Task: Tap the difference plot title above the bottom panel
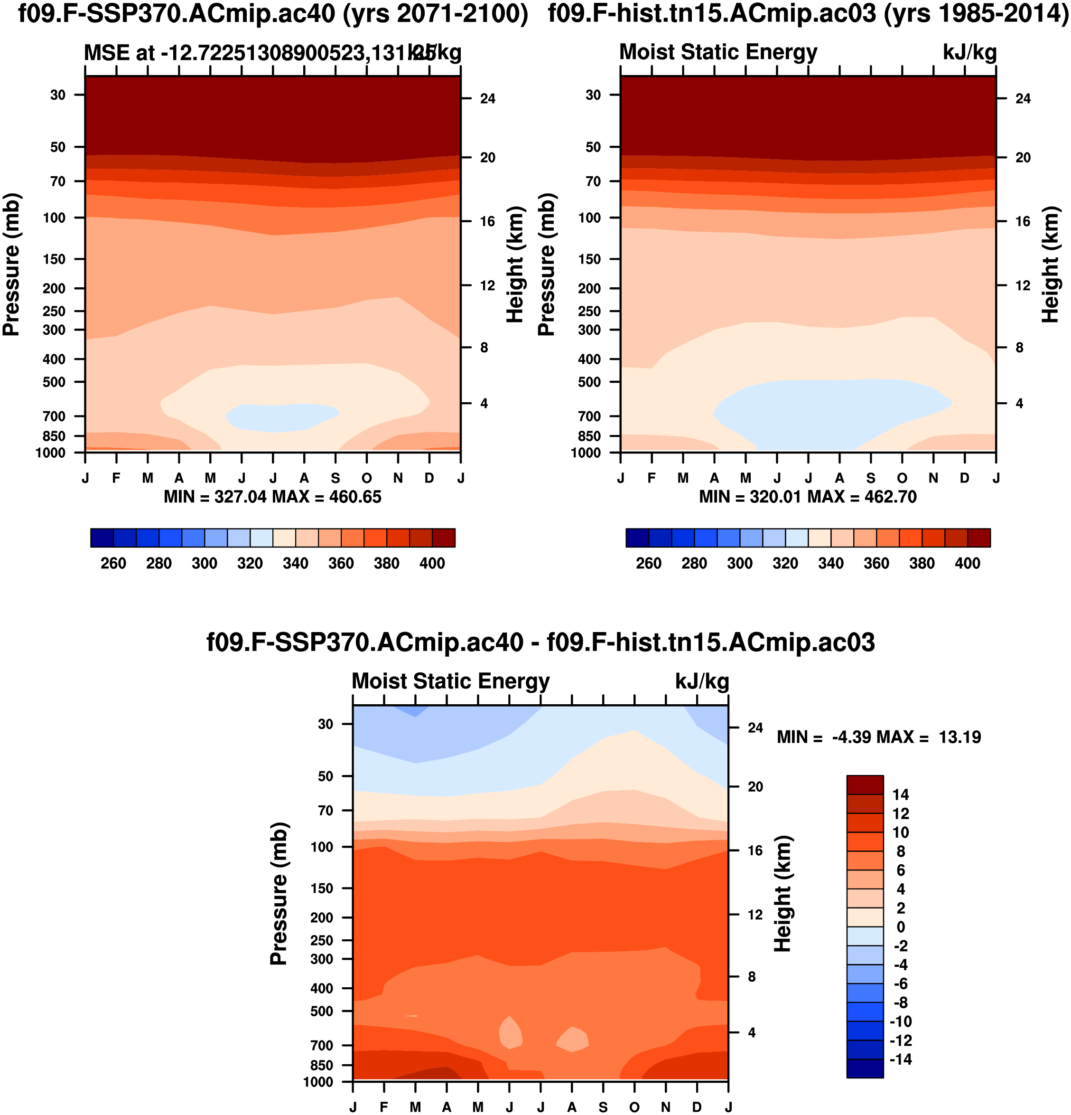[x=540, y=642]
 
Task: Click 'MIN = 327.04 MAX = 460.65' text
[x=272, y=497]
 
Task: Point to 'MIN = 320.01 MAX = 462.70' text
[x=808, y=497]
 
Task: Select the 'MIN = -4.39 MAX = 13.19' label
[x=879, y=737]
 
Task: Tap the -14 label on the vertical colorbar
[x=899, y=1059]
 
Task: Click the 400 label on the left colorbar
[x=432, y=564]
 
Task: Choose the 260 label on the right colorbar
[x=649, y=564]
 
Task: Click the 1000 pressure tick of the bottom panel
[x=318, y=1082]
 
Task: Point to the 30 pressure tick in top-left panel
[x=58, y=95]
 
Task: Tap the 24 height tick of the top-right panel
[x=1023, y=99]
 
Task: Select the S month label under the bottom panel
[x=603, y=1106]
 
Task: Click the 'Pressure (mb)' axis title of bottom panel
[x=279, y=893]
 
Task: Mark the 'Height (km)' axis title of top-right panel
[x=1051, y=265]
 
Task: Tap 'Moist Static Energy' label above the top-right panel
[x=718, y=52]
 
